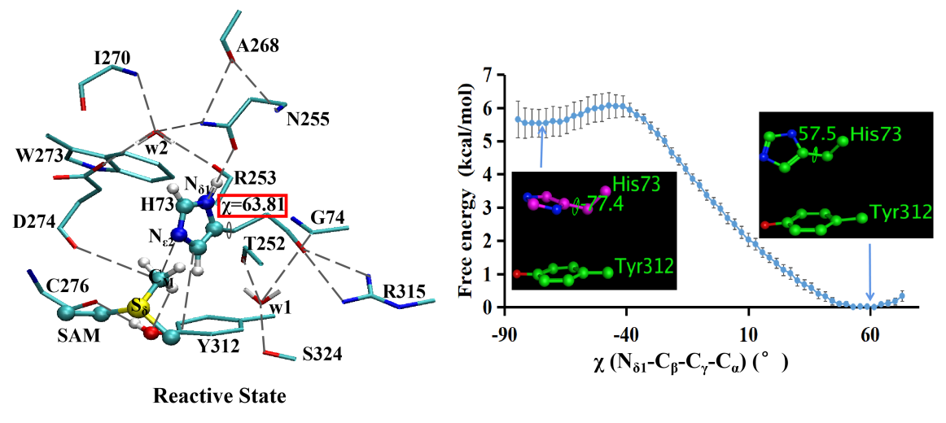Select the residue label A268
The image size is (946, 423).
tap(257, 46)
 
